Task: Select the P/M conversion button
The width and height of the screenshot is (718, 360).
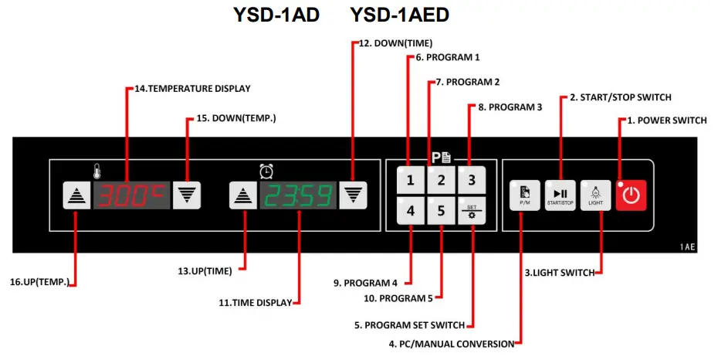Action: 523,195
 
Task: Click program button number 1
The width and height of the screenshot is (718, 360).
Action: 411,181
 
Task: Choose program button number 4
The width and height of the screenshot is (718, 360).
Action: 411,211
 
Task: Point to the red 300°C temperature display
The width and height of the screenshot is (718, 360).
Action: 131,196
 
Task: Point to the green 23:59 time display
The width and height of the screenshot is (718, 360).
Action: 298,196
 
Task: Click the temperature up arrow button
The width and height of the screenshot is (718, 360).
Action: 76,196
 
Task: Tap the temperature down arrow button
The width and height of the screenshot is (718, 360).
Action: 186,196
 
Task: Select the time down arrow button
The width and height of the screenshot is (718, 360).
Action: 353,196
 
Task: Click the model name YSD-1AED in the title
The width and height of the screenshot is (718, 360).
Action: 399,15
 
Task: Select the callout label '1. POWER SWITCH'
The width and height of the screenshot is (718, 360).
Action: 666,121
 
